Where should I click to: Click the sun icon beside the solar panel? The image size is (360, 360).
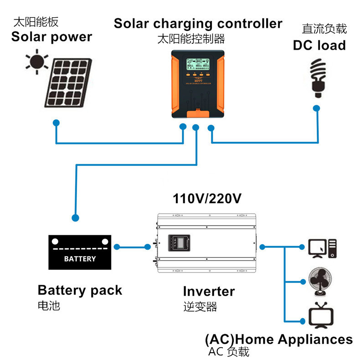pos(36,62)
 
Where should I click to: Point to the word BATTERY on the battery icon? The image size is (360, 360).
pos(80,259)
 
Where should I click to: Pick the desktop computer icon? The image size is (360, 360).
pos(322,248)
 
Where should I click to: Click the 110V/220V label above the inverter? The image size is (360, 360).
pos(207,199)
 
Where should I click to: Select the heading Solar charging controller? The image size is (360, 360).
pos(198,23)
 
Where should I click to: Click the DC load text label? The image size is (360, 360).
pos(319,45)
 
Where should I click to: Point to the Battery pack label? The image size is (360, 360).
pos(80,290)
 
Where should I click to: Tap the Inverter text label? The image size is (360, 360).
pos(209,291)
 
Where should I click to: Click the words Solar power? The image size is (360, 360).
pos(51,37)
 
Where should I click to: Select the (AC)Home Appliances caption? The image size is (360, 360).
pos(278,339)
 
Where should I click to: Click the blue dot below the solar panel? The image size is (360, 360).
pos(56,123)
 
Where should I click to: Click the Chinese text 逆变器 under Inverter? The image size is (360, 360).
pos(200,307)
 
